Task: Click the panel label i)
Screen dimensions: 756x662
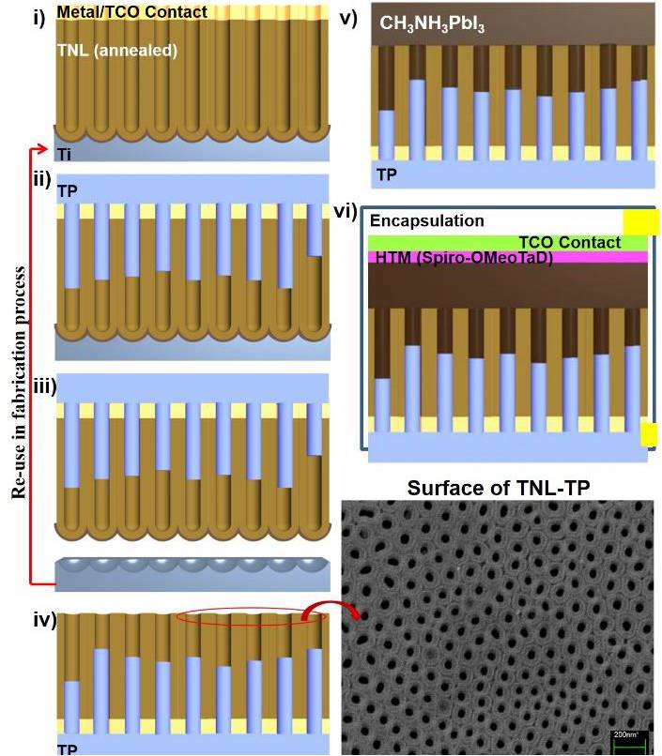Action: pos(39,18)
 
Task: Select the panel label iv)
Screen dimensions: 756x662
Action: pos(43,619)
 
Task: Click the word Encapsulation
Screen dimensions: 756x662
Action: pos(426,221)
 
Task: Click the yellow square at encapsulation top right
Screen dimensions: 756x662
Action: pos(640,220)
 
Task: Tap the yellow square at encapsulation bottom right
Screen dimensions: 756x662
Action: pos(648,434)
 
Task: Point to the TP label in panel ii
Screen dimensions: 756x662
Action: pos(68,189)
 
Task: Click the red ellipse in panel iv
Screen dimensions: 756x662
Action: pos(252,617)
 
